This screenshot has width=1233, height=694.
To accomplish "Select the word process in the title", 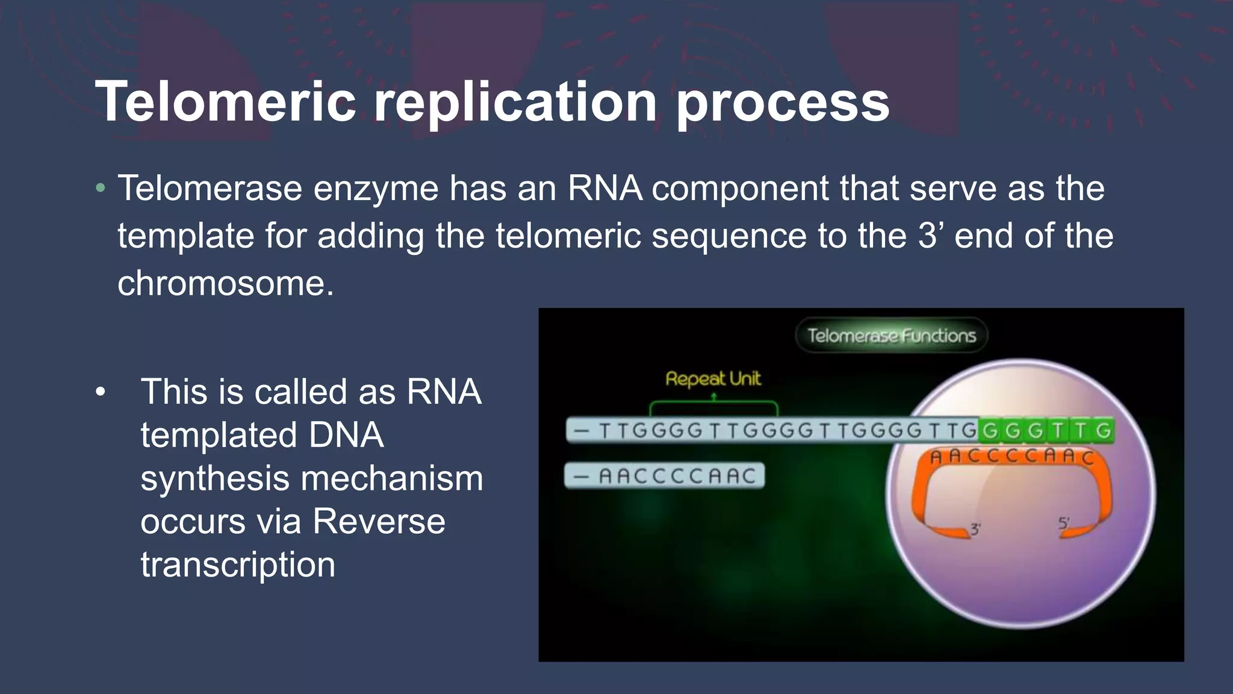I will pyautogui.click(x=783, y=102).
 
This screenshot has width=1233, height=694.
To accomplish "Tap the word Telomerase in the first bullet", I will pyautogui.click(x=210, y=188).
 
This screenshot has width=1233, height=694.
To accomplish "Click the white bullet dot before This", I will pyautogui.click(x=101, y=392).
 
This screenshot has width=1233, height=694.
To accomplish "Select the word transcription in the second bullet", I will pyautogui.click(x=238, y=564).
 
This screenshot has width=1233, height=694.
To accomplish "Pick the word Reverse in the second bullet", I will pyautogui.click(x=379, y=521).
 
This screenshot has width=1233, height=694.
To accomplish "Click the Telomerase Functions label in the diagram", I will pyautogui.click(x=891, y=336).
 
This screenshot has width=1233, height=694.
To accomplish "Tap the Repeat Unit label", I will pyautogui.click(x=713, y=379).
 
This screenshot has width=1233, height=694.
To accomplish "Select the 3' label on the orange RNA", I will pyautogui.click(x=975, y=530).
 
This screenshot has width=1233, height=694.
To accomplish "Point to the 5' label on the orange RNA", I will pyautogui.click(x=1064, y=523).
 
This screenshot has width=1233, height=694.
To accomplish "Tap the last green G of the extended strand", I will pyautogui.click(x=1103, y=431).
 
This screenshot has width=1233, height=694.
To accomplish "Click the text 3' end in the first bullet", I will pyautogui.click(x=965, y=236).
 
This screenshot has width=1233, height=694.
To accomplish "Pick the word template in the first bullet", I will pyautogui.click(x=185, y=236).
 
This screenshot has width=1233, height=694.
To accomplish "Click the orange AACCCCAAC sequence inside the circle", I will pyautogui.click(x=1011, y=456).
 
